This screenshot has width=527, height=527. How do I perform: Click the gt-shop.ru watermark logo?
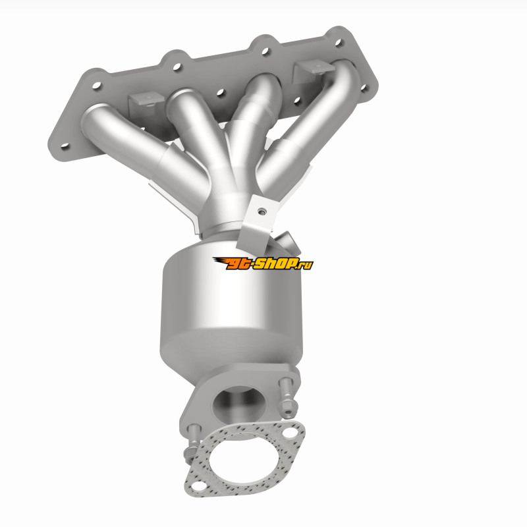pos(263,263)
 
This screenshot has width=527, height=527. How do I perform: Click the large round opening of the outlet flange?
pos(239,403)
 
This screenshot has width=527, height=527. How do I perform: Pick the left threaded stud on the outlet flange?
pos(192,443)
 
